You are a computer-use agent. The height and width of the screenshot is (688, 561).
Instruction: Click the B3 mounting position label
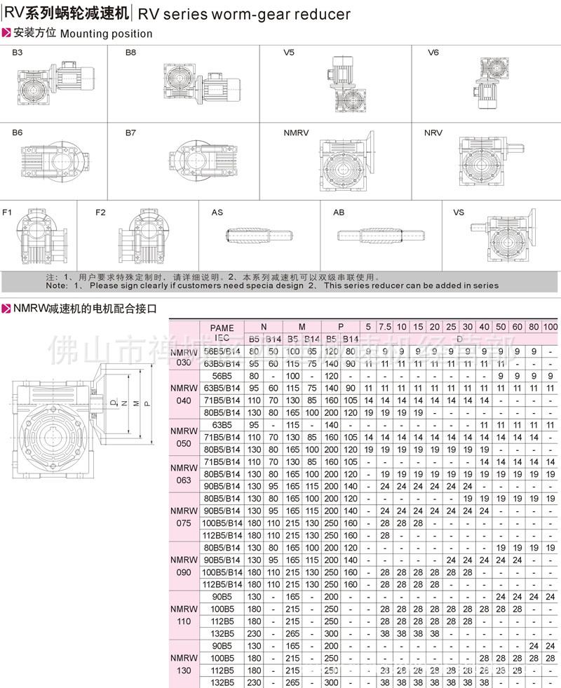(18, 53)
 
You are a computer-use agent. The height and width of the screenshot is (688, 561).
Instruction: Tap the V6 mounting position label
(433, 53)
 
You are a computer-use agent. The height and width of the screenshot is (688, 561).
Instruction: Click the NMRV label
(296, 132)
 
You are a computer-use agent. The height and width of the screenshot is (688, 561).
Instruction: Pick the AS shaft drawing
(257, 237)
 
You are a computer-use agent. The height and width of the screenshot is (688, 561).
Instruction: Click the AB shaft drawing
(382, 237)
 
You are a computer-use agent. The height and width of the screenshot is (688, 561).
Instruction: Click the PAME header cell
(222, 328)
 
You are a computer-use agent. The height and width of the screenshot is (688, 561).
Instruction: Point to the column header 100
(551, 328)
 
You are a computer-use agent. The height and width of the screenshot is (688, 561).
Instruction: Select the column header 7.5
(385, 328)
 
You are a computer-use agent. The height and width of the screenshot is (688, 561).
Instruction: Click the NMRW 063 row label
(184, 473)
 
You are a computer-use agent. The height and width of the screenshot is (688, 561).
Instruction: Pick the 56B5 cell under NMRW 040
(222, 376)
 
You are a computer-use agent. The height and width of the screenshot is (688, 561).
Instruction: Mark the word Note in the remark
(57, 285)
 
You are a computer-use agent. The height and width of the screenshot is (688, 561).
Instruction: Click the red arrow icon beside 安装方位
(6, 32)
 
